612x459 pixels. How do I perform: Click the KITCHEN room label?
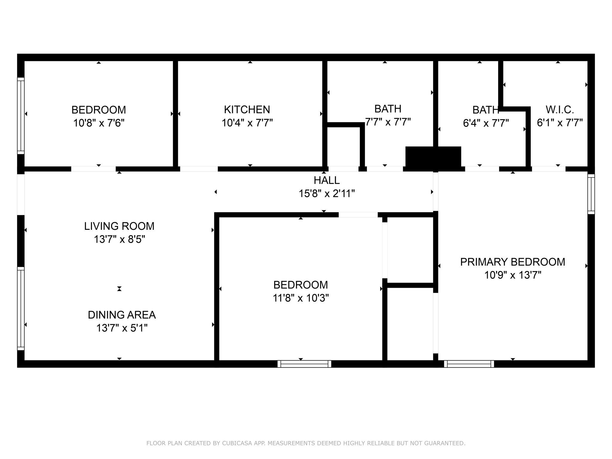pos(247,110)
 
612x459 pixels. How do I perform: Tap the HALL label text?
pos(327,180)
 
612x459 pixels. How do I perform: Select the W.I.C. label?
pos(560,110)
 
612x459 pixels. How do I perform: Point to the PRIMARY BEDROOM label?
pos(512,262)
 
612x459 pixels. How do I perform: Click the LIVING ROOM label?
pos(119,226)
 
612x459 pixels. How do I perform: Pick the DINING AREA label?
pos(122,315)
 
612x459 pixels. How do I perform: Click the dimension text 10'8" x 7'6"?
pos(99,123)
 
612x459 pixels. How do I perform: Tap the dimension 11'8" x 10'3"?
pos(301,298)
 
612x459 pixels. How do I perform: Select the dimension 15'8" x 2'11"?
pos(327,194)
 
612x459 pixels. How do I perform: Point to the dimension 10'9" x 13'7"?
pos(513,275)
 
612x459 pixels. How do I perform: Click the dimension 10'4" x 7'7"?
pos(247,123)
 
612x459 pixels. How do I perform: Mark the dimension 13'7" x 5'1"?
pos(122,328)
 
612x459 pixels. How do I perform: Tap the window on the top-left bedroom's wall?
pos(21,116)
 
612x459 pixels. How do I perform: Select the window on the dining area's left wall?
pos(21,308)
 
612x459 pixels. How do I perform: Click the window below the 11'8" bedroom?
pos(304,364)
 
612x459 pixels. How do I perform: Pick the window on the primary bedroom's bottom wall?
pos(469,364)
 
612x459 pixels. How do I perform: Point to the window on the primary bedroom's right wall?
pos(591,194)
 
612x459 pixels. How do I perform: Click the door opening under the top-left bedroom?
pos(93,169)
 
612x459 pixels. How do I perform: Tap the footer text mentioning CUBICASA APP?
pos(306,443)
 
